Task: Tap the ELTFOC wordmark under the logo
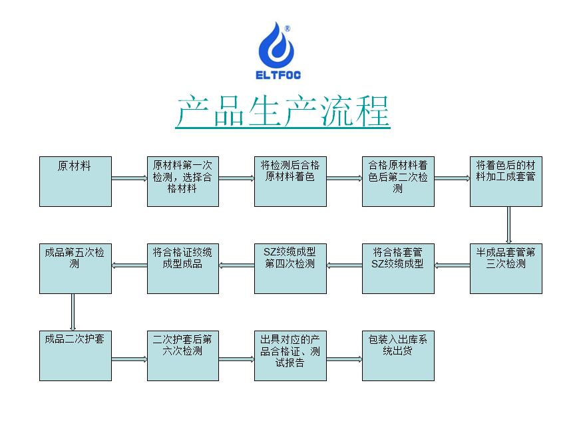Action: pos(278,75)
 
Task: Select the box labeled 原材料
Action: pos(75,182)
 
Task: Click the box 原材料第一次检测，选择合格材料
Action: pos(183,182)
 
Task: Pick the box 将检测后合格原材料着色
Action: pos(290,182)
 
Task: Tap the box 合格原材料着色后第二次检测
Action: pos(398,182)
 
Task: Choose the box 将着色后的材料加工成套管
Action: pos(506,182)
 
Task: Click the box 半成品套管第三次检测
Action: pos(506,269)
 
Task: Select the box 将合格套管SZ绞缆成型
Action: pos(398,269)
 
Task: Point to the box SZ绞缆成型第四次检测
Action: pos(290,269)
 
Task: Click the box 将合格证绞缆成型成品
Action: pos(183,269)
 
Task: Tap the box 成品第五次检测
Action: pos(75,269)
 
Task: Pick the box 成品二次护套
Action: pos(75,356)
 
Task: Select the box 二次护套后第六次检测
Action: pos(183,356)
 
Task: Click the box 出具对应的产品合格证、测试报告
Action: pos(290,356)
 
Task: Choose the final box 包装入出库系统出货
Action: pos(398,356)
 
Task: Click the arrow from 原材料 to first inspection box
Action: pos(129,178)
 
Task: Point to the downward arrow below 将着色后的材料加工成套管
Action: pos(508,225)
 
